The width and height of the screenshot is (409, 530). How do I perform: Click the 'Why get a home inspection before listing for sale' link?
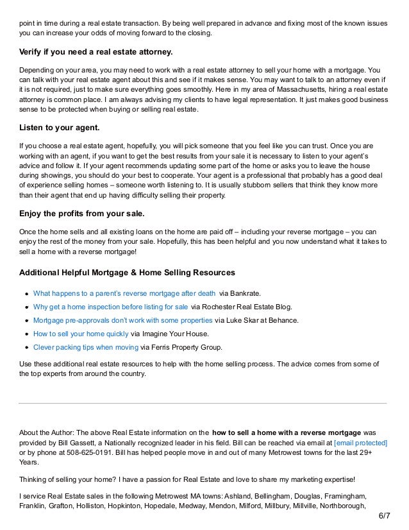(x=110, y=306)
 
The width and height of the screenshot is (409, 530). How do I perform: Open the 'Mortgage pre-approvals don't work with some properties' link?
(x=122, y=320)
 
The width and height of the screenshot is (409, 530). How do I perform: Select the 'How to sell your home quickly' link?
(x=80, y=334)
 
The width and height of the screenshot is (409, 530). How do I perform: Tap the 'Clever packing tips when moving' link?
(x=85, y=348)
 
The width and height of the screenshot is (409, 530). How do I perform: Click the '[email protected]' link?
(x=360, y=443)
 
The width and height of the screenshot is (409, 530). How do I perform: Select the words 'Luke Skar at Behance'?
(x=262, y=320)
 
